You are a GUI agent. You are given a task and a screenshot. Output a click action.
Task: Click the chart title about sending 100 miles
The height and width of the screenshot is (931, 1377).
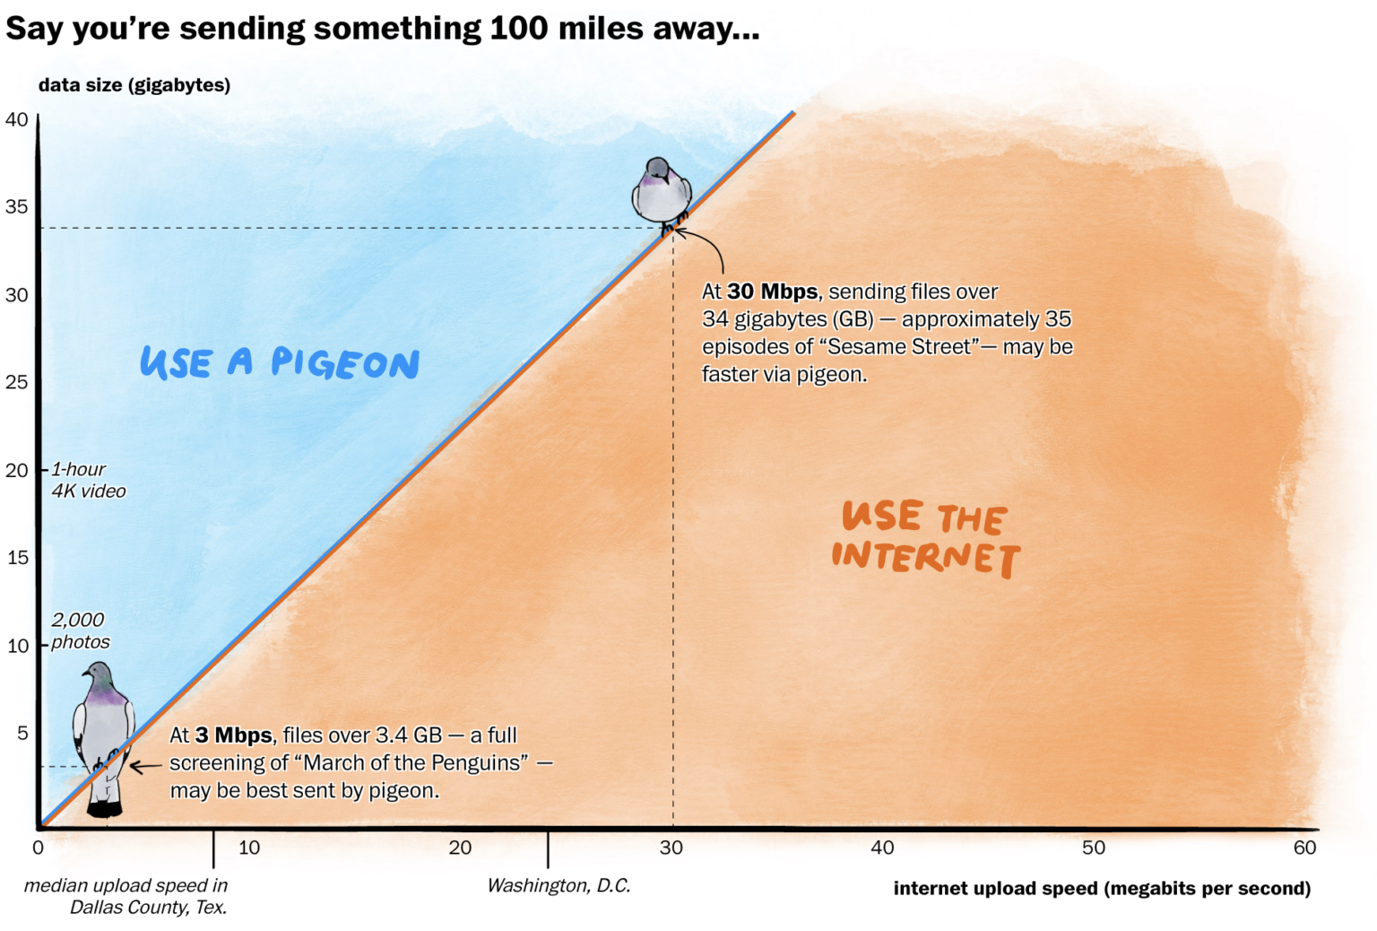[x=382, y=29]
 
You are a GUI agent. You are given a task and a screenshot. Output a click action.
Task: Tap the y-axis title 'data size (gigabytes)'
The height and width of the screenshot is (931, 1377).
[x=134, y=85]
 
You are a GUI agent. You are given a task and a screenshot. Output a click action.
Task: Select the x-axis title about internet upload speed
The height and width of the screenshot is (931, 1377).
[x=1102, y=888]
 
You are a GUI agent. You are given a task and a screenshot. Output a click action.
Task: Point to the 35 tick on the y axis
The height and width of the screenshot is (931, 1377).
[x=17, y=207]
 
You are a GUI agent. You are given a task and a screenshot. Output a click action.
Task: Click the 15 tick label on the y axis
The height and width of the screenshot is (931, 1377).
[x=17, y=558]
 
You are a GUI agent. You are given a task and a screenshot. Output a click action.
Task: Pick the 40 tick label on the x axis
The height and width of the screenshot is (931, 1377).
[x=882, y=848]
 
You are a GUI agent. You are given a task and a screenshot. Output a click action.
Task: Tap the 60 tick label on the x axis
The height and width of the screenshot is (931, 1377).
[x=1304, y=848]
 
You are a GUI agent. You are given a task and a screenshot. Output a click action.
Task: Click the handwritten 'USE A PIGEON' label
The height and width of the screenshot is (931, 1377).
[x=279, y=362]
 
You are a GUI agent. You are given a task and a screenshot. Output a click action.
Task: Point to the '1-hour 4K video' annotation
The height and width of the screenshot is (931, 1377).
[x=88, y=480]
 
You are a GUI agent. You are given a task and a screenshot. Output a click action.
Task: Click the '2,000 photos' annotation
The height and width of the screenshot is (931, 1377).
[x=80, y=631]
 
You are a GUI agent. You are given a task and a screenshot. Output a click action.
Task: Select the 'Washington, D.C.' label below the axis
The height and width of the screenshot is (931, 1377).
[x=559, y=885]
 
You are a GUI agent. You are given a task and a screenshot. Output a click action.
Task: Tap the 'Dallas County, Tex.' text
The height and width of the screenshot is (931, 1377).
[x=148, y=907]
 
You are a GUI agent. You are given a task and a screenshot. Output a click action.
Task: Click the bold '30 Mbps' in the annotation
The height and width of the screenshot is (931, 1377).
[x=772, y=291]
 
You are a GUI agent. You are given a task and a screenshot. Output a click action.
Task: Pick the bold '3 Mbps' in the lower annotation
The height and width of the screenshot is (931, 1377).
[x=233, y=735]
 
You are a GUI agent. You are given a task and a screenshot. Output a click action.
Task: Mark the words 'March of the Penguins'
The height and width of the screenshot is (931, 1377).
[x=415, y=762]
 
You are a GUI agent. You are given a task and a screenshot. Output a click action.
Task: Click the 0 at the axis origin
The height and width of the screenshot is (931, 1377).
[x=38, y=848]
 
